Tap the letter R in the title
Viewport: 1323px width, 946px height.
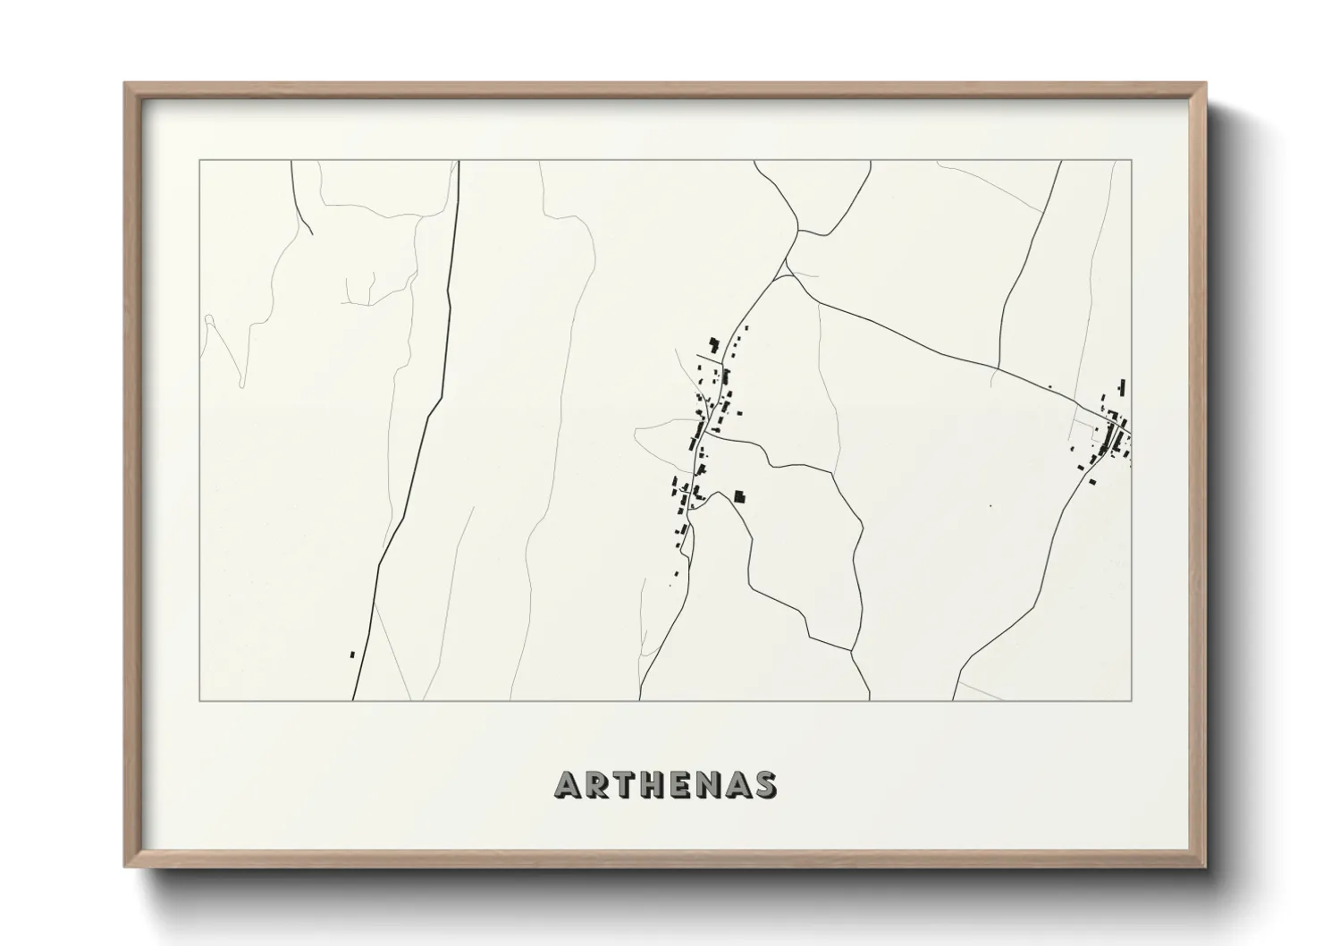click(x=599, y=785)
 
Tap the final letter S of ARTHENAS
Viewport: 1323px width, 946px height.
click(x=765, y=785)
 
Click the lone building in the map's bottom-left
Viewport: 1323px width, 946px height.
click(x=352, y=655)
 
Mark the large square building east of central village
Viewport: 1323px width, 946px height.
click(x=739, y=495)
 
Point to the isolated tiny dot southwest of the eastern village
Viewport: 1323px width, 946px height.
click(x=990, y=506)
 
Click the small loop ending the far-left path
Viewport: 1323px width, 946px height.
click(x=209, y=318)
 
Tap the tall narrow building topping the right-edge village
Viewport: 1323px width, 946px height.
click(x=1122, y=386)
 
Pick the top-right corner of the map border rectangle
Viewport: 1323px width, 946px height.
click(x=1132, y=160)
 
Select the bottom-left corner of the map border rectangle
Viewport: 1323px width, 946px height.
click(x=199, y=700)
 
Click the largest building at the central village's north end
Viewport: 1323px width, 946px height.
click(x=713, y=344)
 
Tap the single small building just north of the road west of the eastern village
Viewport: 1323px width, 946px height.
click(x=1049, y=387)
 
